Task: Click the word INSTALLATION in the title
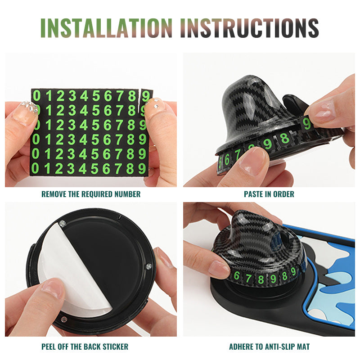click(x=106, y=28)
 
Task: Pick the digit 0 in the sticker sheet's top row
click(x=36, y=96)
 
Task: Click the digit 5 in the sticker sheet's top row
click(x=96, y=96)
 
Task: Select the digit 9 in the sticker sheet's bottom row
click(x=142, y=168)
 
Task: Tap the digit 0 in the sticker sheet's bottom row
click(x=35, y=168)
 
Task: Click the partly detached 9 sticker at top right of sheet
click(x=146, y=96)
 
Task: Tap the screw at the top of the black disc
click(x=62, y=223)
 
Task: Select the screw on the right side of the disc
click(x=149, y=266)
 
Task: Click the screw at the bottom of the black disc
click(x=64, y=319)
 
